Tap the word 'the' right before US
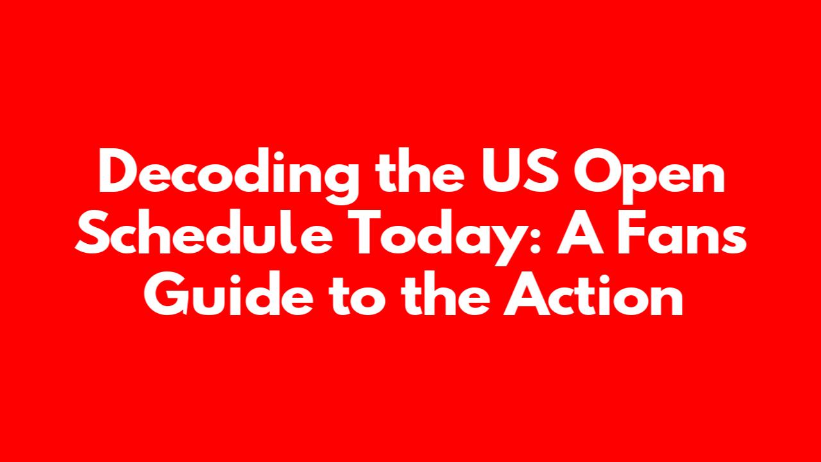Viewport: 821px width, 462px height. [x=421, y=170]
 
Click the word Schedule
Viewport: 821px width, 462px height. [x=203, y=231]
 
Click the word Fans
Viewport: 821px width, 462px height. [x=682, y=232]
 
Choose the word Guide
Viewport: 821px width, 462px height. [x=228, y=293]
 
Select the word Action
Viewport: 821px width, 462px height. [x=594, y=293]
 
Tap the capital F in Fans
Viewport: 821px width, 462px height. [x=632, y=232]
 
